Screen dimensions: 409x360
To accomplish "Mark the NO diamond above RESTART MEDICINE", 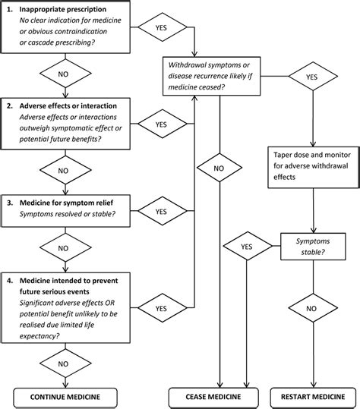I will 312,309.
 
